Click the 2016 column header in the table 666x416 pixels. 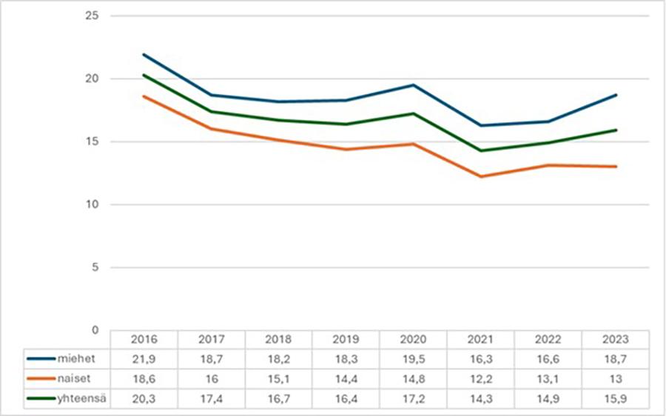tap(144, 340)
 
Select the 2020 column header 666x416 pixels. tap(413, 340)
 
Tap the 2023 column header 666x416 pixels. tap(615, 340)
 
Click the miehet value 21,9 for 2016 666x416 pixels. tap(144, 359)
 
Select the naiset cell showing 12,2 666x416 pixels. tap(480, 379)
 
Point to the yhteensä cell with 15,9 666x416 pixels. tap(615, 399)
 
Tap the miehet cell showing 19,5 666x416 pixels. tap(413, 359)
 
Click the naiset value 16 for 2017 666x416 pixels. tap(211, 379)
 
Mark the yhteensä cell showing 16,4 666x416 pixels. tap(346, 399)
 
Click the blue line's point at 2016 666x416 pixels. tap(144, 55)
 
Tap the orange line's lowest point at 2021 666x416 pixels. tap(480, 176)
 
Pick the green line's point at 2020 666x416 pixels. tap(413, 113)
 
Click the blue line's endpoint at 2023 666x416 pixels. tap(616, 95)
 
